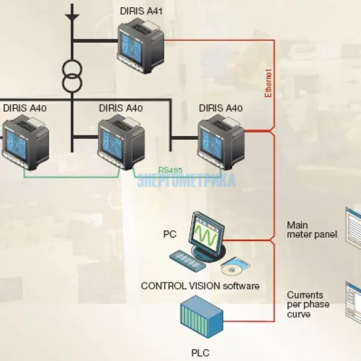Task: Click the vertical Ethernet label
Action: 268,83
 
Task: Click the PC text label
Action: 170,232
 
